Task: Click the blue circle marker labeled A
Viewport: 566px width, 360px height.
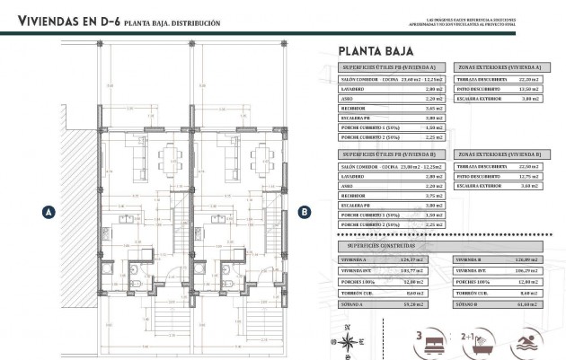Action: (x=49, y=212)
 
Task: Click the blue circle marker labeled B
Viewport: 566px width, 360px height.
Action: (x=305, y=212)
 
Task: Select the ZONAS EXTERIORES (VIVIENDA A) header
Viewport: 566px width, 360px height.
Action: (x=499, y=67)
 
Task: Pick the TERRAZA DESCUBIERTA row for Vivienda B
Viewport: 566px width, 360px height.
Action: (x=499, y=167)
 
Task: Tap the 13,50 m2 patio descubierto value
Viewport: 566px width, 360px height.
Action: (x=528, y=88)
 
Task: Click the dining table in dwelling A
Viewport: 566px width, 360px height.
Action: (x=169, y=162)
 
